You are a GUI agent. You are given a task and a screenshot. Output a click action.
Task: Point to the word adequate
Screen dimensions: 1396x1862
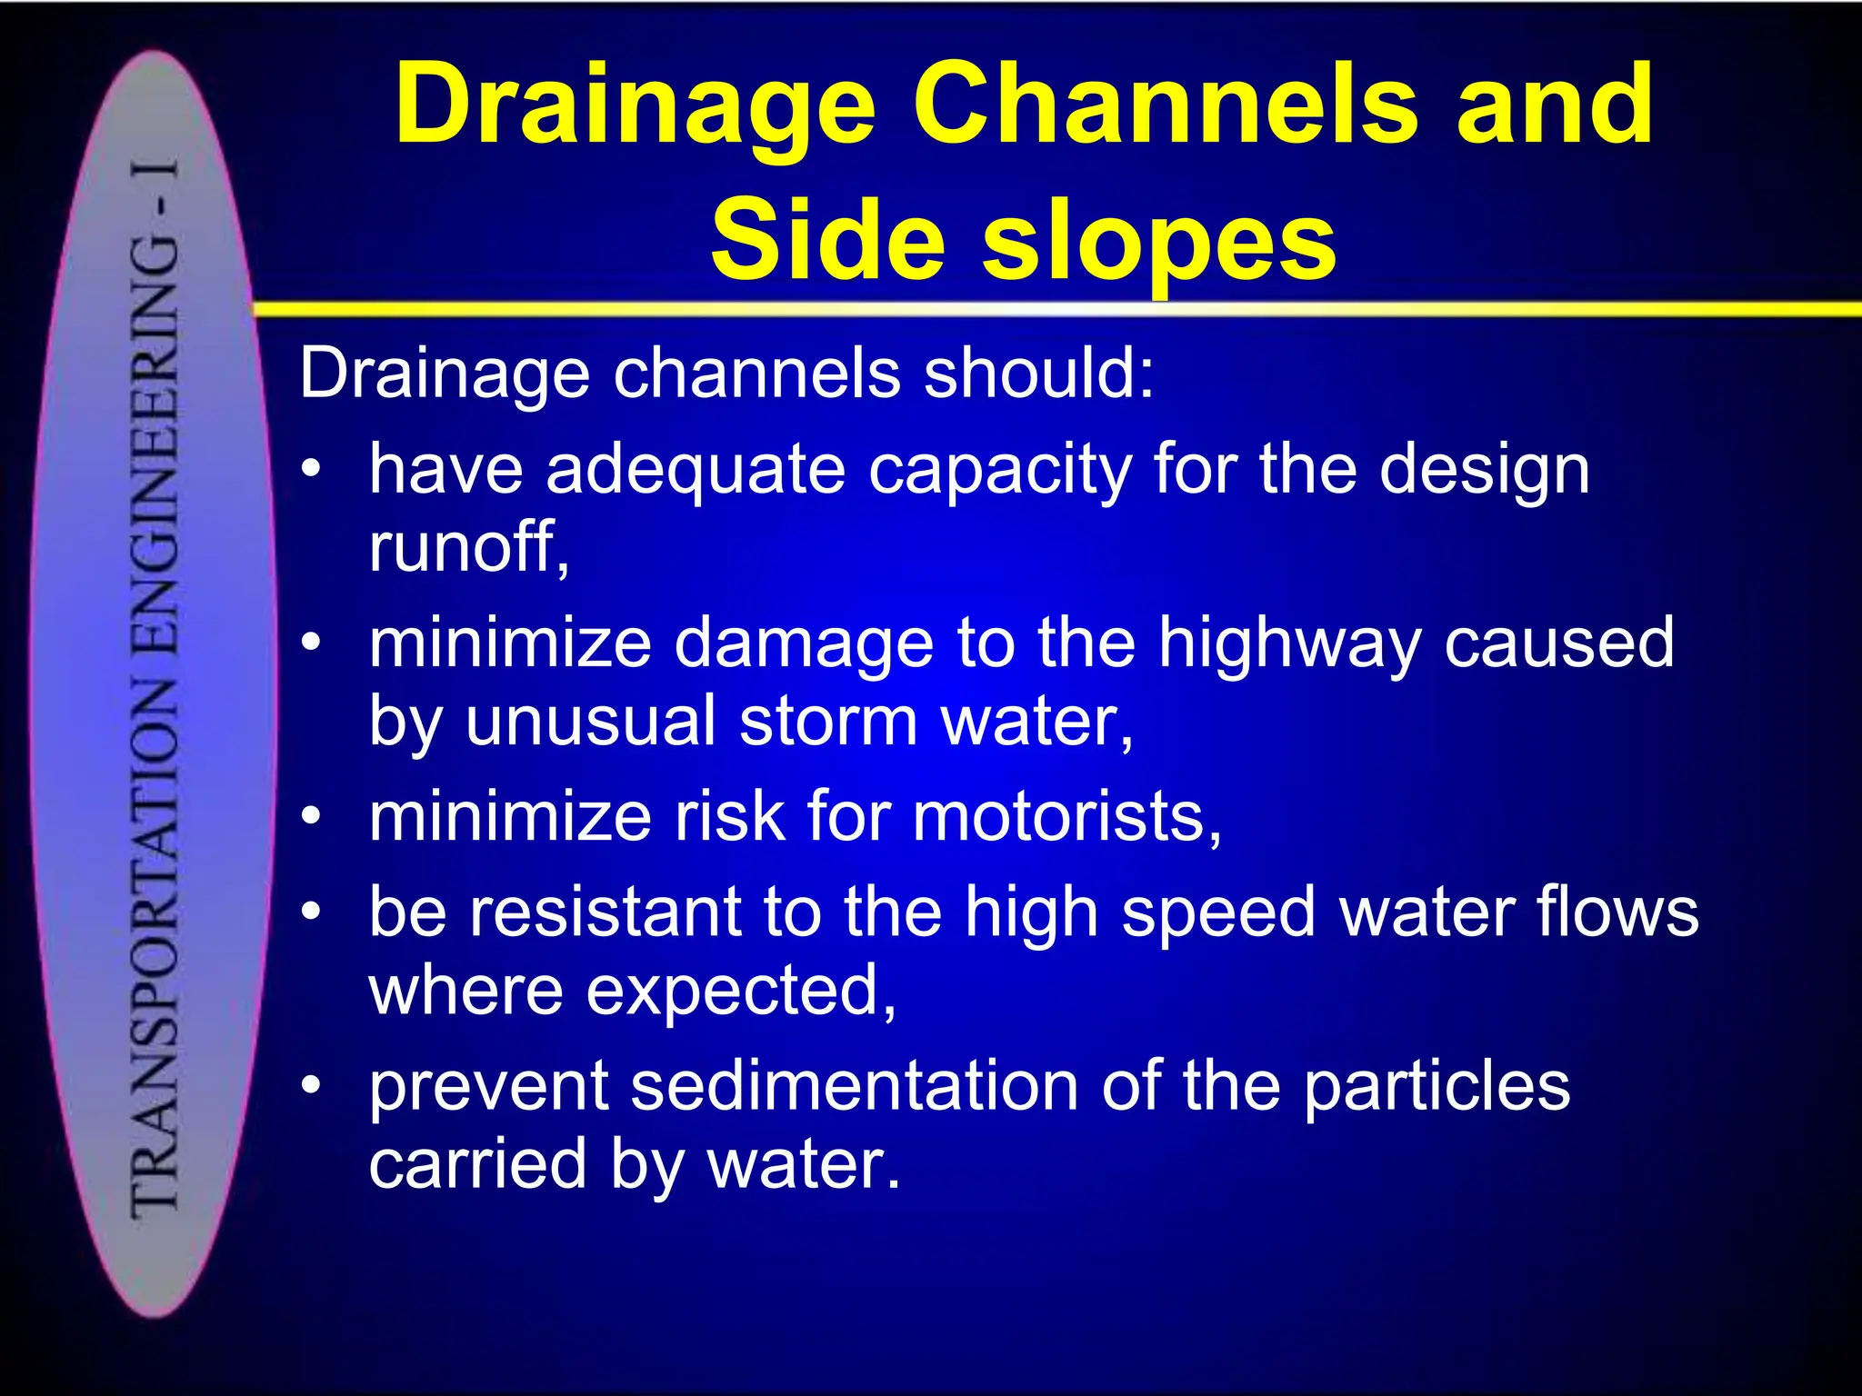(x=696, y=470)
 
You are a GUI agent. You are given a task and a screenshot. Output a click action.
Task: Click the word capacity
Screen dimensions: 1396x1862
(x=999, y=472)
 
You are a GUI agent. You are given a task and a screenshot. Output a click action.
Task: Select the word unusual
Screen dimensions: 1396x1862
(x=591, y=721)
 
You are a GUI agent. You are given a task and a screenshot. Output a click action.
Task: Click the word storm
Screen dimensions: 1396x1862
(x=828, y=721)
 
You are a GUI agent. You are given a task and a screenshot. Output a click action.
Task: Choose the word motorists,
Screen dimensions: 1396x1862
(x=1067, y=816)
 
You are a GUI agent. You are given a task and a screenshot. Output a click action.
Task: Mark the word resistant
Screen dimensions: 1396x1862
(x=606, y=912)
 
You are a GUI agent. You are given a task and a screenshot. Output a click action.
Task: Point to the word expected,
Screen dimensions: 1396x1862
(x=741, y=991)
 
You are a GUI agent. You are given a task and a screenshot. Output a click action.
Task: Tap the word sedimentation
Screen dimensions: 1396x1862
(x=855, y=1085)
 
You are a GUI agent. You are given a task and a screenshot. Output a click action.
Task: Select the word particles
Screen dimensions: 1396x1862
(x=1437, y=1085)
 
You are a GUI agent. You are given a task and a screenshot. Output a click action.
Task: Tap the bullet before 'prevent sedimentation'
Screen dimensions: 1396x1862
(x=312, y=1085)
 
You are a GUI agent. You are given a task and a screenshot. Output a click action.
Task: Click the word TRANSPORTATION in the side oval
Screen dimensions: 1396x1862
(x=155, y=945)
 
